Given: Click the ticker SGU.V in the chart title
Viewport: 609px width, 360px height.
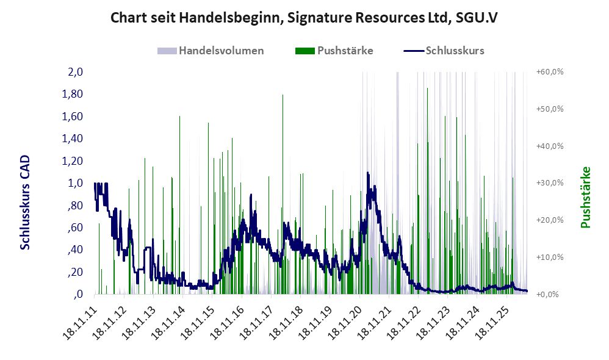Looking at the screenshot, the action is click(476, 18).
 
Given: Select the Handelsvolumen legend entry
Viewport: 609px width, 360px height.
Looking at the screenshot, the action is click(211, 51).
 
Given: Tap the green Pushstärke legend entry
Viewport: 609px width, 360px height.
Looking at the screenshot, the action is click(334, 51).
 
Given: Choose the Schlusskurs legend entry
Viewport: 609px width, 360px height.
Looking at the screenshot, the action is click(444, 51).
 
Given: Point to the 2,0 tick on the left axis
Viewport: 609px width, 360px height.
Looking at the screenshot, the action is click(75, 72).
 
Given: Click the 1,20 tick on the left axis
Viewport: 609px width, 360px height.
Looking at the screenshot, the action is click(73, 160).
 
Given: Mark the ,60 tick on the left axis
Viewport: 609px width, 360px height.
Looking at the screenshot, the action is click(75, 227).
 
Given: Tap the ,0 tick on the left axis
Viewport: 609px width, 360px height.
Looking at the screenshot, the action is click(78, 294).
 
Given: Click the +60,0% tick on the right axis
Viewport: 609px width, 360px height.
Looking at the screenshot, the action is click(550, 72).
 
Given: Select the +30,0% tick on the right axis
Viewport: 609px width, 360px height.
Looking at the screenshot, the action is click(550, 183).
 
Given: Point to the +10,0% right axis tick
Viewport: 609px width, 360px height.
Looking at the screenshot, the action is click(550, 257).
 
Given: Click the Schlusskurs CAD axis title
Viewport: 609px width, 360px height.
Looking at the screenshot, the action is click(25, 203).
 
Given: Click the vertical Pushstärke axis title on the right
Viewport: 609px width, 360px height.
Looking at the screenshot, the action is click(585, 198).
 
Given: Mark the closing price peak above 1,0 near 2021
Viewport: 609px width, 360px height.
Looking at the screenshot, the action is click(367, 173).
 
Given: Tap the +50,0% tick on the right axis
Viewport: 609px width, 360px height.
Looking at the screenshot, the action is click(550, 109).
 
